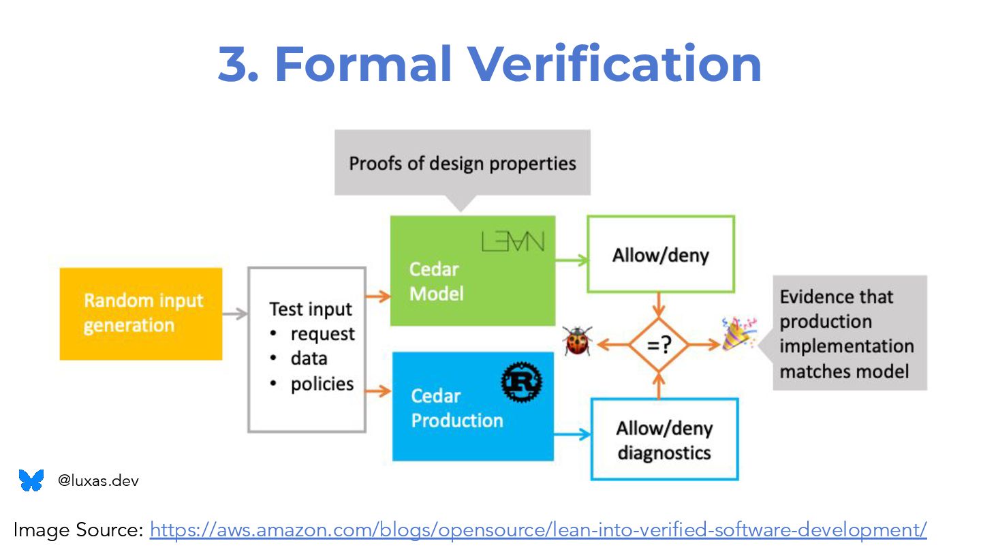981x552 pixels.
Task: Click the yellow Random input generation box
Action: tap(141, 313)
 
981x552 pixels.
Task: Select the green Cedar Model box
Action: tap(472, 271)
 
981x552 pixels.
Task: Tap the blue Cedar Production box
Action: tap(473, 407)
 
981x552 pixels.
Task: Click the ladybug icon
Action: tap(578, 340)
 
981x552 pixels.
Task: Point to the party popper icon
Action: tap(738, 333)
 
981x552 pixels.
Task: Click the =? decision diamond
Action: tap(658, 346)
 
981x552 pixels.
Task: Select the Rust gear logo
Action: tap(521, 382)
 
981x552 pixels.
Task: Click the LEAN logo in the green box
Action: tap(513, 241)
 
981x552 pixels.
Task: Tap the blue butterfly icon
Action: tap(31, 480)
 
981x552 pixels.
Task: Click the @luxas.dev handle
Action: tap(98, 480)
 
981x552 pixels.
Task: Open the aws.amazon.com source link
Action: tap(538, 530)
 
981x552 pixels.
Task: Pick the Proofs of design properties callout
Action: tap(463, 164)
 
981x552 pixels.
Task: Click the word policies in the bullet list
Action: tap(322, 384)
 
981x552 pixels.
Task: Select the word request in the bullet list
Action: tap(322, 334)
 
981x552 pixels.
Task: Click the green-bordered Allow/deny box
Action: tap(660, 254)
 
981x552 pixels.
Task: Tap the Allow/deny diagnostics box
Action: tap(664, 440)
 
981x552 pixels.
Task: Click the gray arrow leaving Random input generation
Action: tap(234, 314)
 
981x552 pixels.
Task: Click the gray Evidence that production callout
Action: tap(850, 333)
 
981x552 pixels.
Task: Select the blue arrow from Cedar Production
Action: tap(572, 434)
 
